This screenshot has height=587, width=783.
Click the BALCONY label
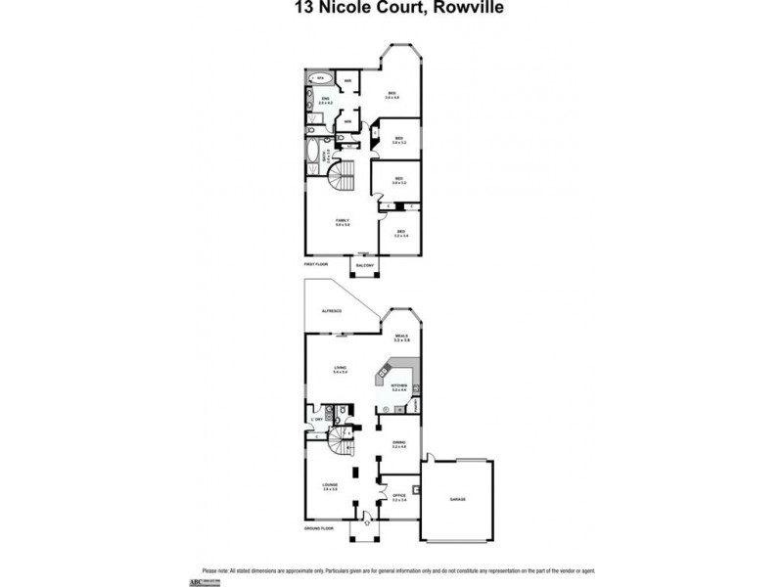coord(364,264)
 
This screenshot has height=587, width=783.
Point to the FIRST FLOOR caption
coord(315,264)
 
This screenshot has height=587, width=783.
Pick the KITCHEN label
coord(398,387)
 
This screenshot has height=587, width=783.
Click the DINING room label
coord(398,443)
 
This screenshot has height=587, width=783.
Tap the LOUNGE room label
coord(330,485)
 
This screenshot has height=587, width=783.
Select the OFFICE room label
coord(398,497)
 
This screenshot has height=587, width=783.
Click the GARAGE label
coord(458,499)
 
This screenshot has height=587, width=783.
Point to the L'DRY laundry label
coord(317,420)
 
